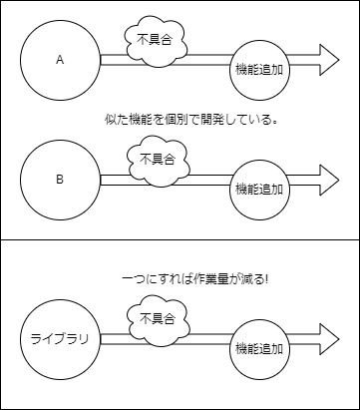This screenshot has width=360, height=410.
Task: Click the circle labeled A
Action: (x=60, y=60)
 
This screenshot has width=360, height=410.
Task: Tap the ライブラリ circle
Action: (x=60, y=339)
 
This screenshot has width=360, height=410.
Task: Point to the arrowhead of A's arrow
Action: (x=330, y=60)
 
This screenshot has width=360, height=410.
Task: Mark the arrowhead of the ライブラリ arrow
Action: (x=330, y=339)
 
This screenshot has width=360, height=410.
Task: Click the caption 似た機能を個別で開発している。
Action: (x=189, y=120)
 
